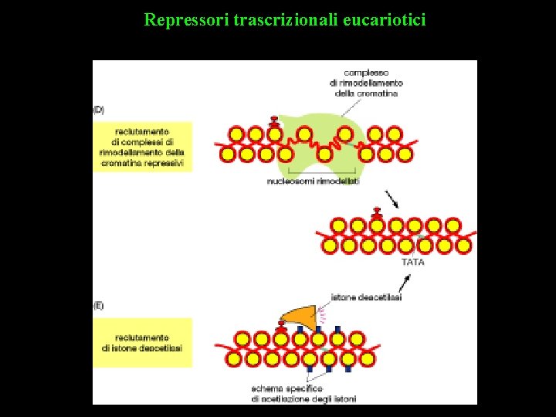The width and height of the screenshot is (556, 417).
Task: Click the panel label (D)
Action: click(99, 109)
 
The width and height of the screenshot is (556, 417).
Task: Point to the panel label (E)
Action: click(99, 306)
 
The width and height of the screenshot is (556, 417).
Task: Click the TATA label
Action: click(413, 262)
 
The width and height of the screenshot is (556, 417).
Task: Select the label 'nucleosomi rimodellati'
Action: click(313, 181)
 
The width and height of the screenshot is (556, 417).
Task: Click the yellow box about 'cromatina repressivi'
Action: click(142, 147)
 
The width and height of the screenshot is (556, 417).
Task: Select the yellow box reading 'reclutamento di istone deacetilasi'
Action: click(142, 343)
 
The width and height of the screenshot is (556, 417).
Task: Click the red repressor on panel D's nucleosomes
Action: click(273, 121)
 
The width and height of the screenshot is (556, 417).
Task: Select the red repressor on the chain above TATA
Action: click(377, 212)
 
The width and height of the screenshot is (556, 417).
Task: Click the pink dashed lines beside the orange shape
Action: click(323, 313)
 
